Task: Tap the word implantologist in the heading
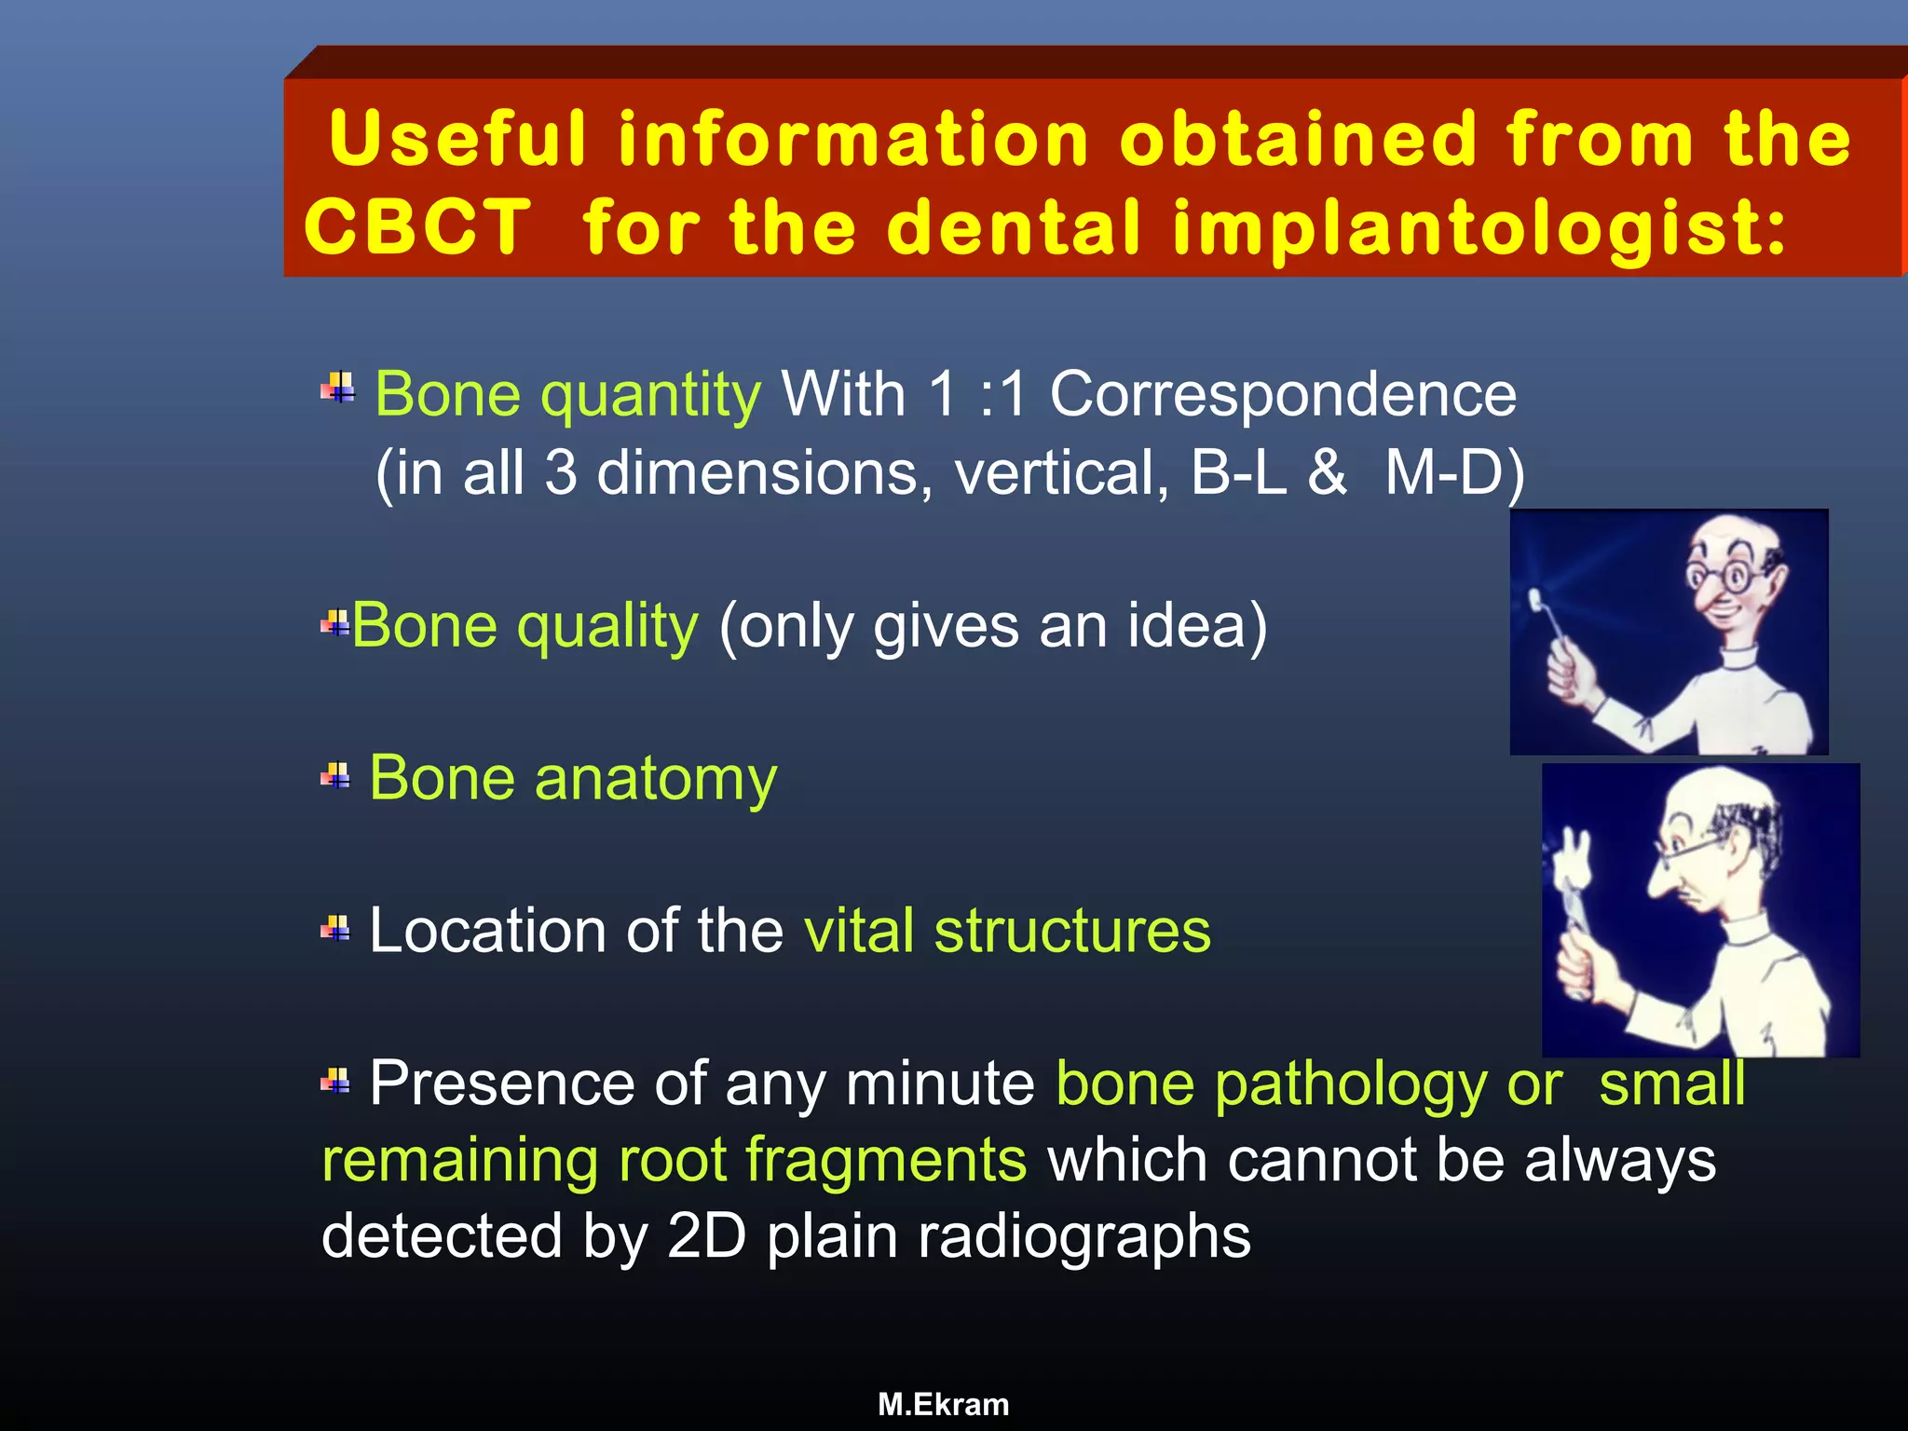(1479, 228)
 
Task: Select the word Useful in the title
(457, 139)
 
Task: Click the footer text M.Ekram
(943, 1404)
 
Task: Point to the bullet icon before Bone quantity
(338, 387)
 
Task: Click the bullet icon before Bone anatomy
(335, 775)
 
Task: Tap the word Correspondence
(1283, 395)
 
